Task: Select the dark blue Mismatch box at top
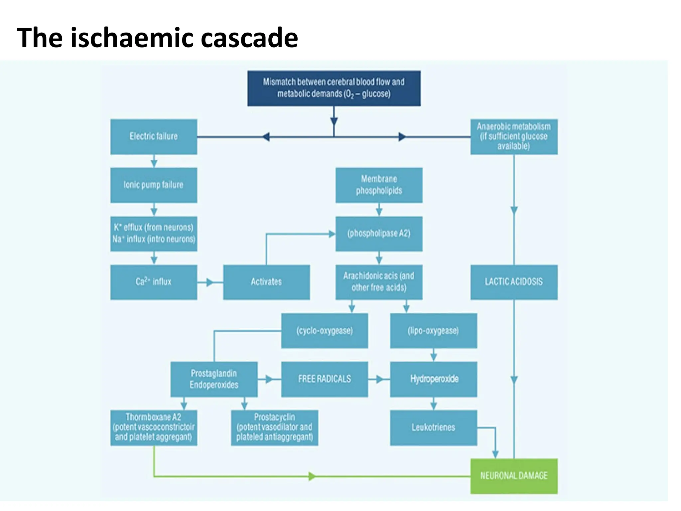(x=334, y=88)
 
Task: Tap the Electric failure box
(x=154, y=136)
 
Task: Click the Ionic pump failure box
(x=154, y=185)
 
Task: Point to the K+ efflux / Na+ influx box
(x=154, y=234)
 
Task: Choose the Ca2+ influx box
(x=154, y=282)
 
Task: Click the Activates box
(x=266, y=282)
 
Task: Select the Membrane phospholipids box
(x=379, y=185)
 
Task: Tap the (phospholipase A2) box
(x=379, y=234)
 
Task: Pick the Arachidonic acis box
(x=379, y=282)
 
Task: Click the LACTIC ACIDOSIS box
(x=514, y=282)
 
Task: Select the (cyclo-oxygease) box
(x=325, y=331)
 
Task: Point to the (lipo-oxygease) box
(x=433, y=331)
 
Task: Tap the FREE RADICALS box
(x=325, y=379)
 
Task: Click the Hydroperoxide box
(x=433, y=379)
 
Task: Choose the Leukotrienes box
(x=433, y=427)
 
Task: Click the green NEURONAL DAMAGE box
(x=514, y=476)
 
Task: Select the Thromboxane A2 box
(x=154, y=427)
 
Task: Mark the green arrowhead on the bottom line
(x=312, y=476)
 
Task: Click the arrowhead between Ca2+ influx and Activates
(x=209, y=282)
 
